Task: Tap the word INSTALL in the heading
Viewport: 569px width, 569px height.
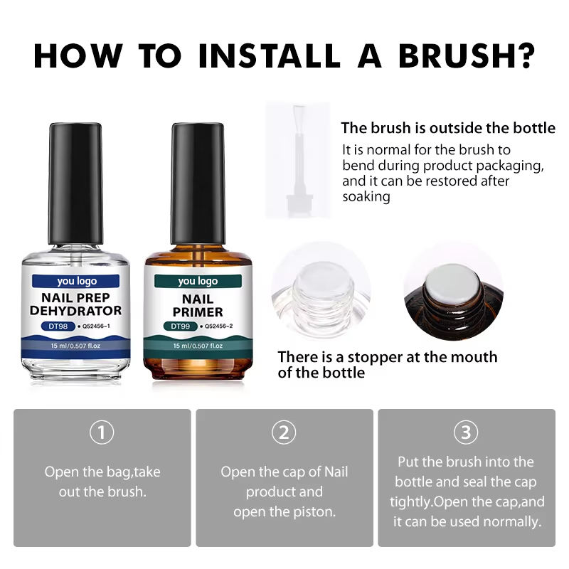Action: pyautogui.click(x=270, y=56)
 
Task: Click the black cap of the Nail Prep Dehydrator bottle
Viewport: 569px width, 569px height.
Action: pyautogui.click(x=75, y=184)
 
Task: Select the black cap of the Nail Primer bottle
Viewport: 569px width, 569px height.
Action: pyautogui.click(x=198, y=184)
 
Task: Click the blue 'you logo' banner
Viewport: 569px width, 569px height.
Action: pyautogui.click(x=76, y=281)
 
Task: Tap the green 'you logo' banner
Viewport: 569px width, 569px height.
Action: pyautogui.click(x=198, y=281)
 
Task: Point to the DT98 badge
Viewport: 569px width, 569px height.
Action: pyautogui.click(x=58, y=326)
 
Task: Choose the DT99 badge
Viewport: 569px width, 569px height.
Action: pyautogui.click(x=181, y=326)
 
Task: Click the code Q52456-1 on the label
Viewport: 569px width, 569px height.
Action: pyautogui.click(x=96, y=326)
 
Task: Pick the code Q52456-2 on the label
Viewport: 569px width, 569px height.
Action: pyautogui.click(x=218, y=326)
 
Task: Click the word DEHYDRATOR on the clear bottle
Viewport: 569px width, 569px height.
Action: pyautogui.click(x=76, y=311)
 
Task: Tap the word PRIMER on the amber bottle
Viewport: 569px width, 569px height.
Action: pyautogui.click(x=198, y=312)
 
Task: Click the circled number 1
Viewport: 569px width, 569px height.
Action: pyautogui.click(x=102, y=432)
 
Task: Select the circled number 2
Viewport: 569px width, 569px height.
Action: pyautogui.click(x=284, y=432)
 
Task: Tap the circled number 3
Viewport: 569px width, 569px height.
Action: pyautogui.click(x=466, y=432)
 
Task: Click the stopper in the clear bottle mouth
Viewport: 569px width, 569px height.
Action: pyautogui.click(x=323, y=280)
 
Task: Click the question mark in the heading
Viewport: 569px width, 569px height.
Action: pyautogui.click(x=526, y=56)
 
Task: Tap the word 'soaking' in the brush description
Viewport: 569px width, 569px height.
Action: pyautogui.click(x=366, y=197)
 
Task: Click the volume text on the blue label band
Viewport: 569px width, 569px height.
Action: pyautogui.click(x=75, y=346)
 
